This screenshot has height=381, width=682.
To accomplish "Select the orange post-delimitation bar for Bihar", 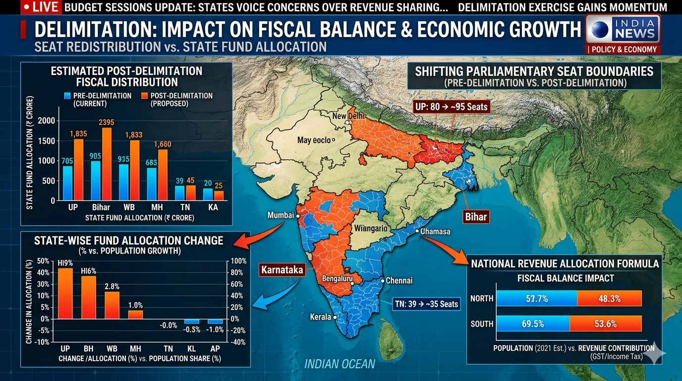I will (x=107, y=164).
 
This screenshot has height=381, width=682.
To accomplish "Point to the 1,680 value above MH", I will (x=163, y=144).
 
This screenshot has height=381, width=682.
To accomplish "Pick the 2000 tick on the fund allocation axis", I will (x=47, y=121).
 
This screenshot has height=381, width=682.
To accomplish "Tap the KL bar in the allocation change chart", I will (x=192, y=321).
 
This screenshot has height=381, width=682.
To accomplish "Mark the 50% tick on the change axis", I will (x=43, y=261).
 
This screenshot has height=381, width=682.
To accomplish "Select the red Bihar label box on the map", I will (x=476, y=216).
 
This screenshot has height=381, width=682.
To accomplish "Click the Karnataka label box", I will (x=281, y=270).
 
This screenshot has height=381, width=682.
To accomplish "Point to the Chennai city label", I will (x=399, y=281).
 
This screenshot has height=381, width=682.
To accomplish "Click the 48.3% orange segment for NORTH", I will (x=609, y=299).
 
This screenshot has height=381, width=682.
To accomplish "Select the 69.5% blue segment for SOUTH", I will (x=533, y=324).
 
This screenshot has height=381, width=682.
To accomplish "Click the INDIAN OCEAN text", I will (x=340, y=364).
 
